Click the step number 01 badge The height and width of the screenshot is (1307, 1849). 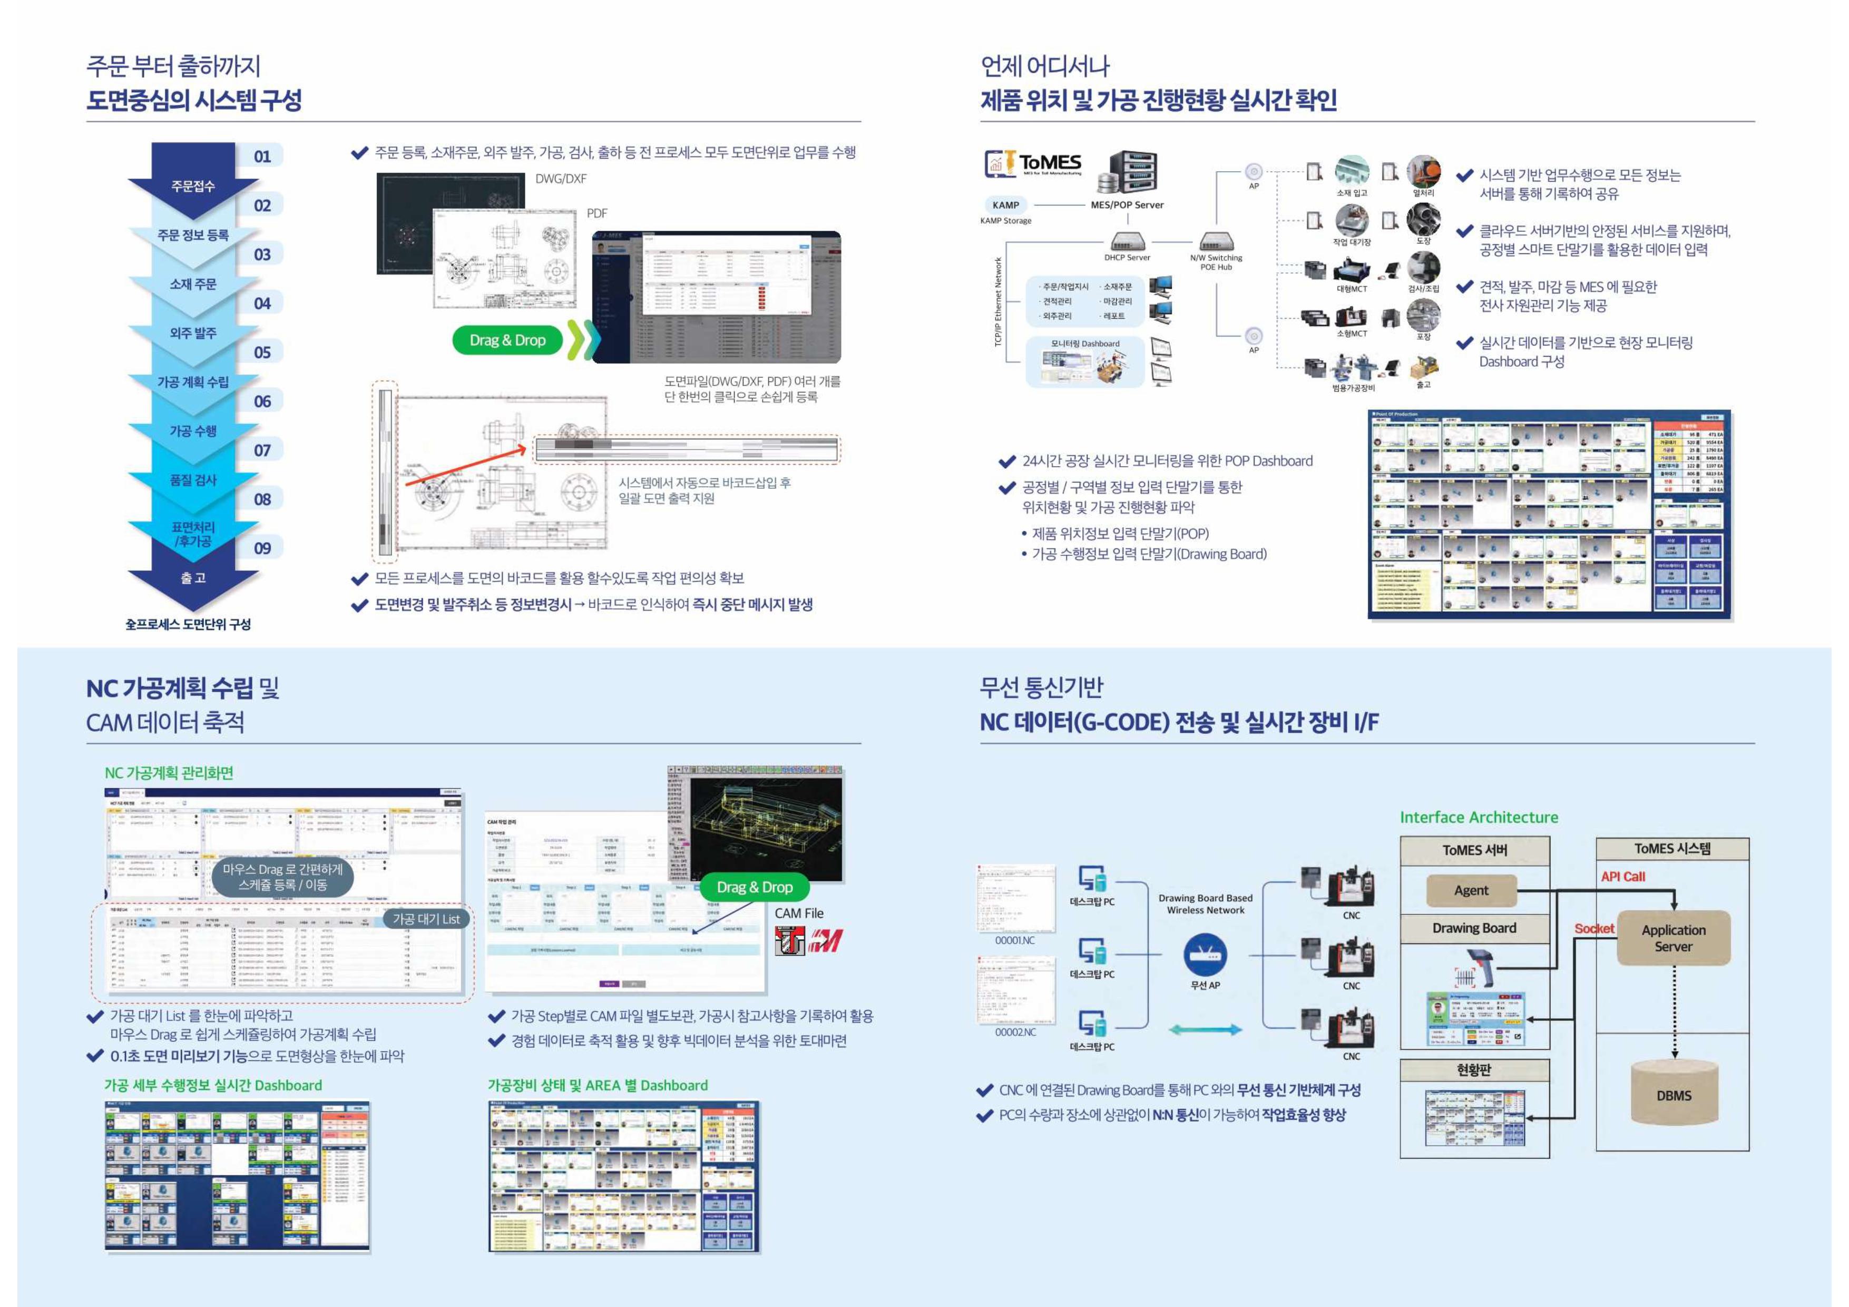click(x=262, y=156)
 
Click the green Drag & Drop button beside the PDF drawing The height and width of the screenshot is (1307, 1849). click(x=507, y=340)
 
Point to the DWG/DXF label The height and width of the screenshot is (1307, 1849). click(x=561, y=179)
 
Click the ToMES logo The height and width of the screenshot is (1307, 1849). click(x=1033, y=163)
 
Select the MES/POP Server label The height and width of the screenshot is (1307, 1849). click(x=1127, y=204)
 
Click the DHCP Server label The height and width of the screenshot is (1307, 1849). click(x=1127, y=258)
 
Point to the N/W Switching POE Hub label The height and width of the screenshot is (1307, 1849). click(x=1216, y=262)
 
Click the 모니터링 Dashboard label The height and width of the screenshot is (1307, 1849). click(x=1085, y=344)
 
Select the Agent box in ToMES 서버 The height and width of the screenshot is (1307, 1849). click(x=1471, y=890)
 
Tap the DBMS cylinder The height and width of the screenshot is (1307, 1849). click(x=1674, y=1095)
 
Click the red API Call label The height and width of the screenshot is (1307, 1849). click(x=1623, y=876)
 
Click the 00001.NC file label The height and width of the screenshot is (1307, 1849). click(x=1015, y=940)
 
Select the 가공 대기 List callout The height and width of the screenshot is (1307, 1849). click(x=426, y=919)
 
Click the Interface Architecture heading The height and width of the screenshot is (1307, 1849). click(x=1479, y=818)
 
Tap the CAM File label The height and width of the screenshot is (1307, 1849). click(x=799, y=913)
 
